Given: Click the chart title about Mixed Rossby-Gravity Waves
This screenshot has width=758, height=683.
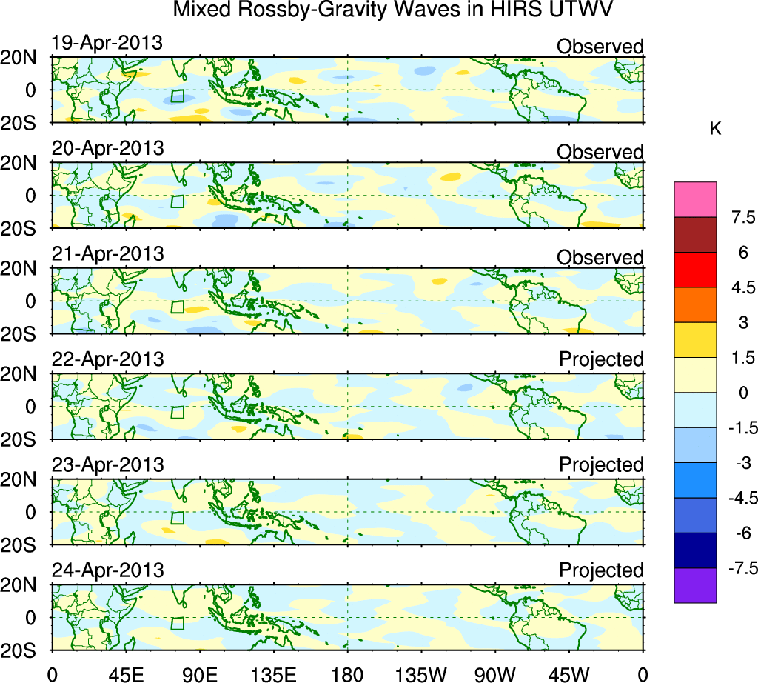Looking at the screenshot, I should [x=394, y=10].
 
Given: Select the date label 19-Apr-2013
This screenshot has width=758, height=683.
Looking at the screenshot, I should [x=107, y=43].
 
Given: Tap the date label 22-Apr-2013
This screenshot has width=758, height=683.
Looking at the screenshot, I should [x=107, y=359].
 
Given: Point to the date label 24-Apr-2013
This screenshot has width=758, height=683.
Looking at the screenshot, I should [x=107, y=570].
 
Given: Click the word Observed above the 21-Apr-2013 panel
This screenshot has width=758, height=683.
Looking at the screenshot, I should [x=600, y=257].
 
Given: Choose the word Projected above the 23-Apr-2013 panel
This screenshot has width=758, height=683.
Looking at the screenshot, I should [x=601, y=464].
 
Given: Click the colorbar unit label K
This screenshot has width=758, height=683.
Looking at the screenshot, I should [x=716, y=128].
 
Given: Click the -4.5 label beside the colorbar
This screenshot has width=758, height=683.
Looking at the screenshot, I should [x=737, y=498].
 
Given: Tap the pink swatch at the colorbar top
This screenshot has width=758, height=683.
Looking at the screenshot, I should [x=695, y=199].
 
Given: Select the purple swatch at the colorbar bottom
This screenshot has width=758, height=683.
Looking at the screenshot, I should [x=695, y=585].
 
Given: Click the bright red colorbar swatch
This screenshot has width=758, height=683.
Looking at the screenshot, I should [x=695, y=270].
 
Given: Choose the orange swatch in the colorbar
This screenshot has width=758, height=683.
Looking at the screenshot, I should [x=695, y=304].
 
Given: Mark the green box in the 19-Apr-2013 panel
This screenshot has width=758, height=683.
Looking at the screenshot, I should [x=177, y=96].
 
